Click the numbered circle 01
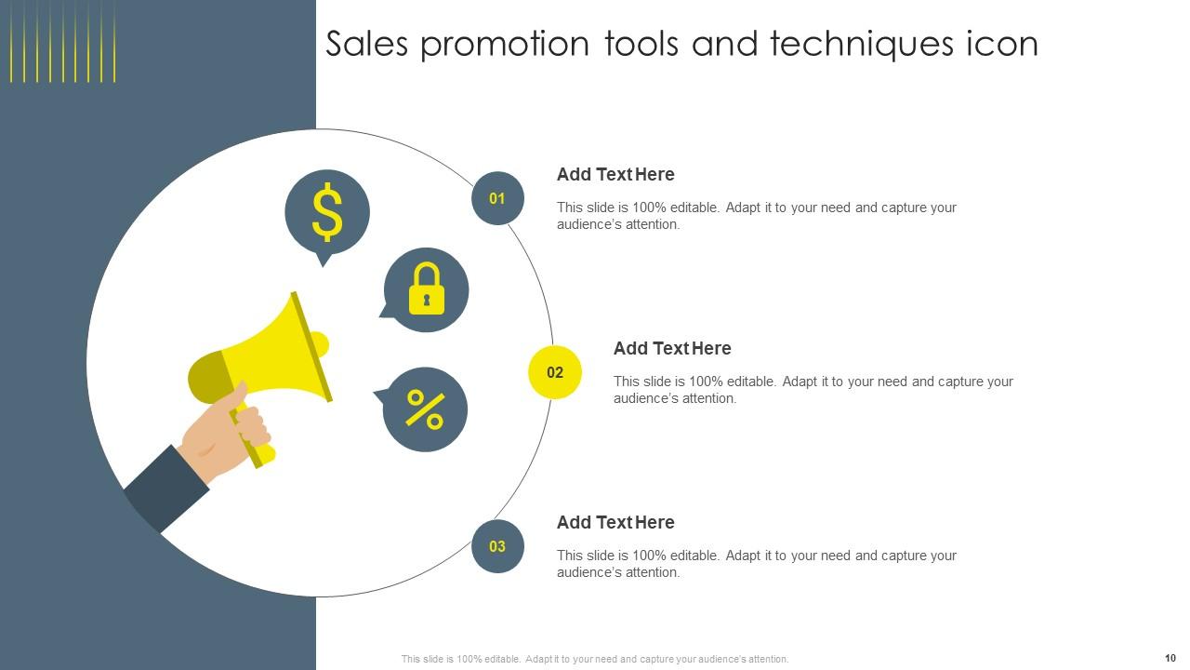tap(497, 198)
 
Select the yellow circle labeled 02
tap(555, 372)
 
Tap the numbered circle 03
tap(497, 546)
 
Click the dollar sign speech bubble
tap(327, 212)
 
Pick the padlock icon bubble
tap(426, 289)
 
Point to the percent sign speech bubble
tap(425, 409)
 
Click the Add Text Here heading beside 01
tap(615, 174)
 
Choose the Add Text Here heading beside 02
tap(672, 348)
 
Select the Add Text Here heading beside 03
tap(615, 522)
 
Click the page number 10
tap(1170, 658)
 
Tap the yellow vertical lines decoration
tap(62, 41)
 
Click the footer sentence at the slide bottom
tap(595, 659)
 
